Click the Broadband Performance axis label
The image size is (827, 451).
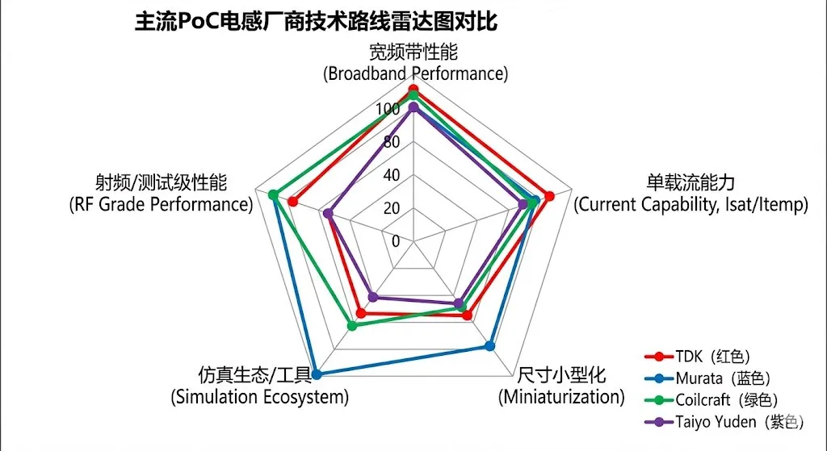pos(414,63)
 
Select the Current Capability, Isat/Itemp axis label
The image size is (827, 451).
pos(691,194)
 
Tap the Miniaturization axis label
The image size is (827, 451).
pos(561,386)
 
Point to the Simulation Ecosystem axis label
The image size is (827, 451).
pos(259,386)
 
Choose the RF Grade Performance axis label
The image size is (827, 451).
pos(161,194)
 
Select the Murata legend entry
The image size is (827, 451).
pos(716,378)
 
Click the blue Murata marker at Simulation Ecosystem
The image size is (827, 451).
pos(317,374)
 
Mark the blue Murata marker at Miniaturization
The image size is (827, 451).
pos(489,346)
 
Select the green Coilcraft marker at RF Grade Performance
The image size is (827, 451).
pos(273,195)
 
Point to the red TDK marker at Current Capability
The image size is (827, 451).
pos(548,196)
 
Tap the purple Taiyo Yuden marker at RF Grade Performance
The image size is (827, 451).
pos(328,214)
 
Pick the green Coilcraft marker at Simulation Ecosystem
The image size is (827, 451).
pos(351,326)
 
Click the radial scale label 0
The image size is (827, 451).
pos(396,240)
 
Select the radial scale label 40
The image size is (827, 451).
pos(392,175)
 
